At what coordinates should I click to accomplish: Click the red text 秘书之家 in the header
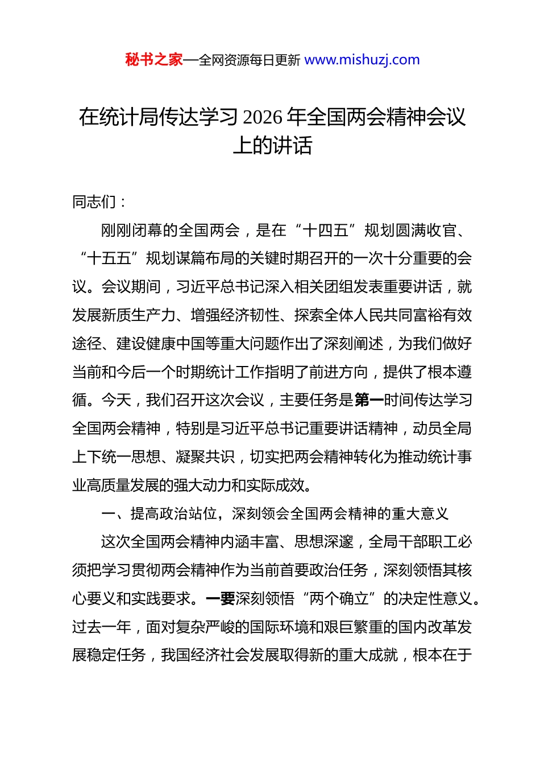[x=153, y=60]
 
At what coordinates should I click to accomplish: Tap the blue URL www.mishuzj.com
[x=362, y=60]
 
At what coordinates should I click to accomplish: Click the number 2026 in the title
[x=262, y=117]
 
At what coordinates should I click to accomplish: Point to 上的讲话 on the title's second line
[x=272, y=146]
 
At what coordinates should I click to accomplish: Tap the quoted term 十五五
[x=109, y=258]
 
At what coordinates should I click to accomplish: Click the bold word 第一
[x=369, y=400]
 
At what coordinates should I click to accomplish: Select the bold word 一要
[x=221, y=599]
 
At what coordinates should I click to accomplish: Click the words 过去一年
[x=102, y=627]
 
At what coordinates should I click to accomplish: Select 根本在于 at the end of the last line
[x=442, y=655]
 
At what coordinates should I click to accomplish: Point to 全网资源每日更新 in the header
[x=250, y=60]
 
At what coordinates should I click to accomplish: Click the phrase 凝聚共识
[x=205, y=457]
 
